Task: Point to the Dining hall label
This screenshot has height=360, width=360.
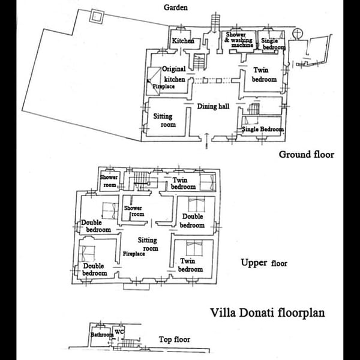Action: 214,106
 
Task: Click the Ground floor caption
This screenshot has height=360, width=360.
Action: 306,154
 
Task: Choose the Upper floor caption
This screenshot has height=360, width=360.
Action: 263,263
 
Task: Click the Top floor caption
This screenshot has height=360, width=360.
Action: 175,340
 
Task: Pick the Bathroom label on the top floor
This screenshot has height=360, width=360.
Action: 101,335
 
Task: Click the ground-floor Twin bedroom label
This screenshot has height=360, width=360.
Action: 263,74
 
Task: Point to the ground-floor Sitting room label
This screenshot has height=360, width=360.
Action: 164,121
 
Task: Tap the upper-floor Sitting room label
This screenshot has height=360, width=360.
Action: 147,244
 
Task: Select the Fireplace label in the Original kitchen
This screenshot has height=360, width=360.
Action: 162,86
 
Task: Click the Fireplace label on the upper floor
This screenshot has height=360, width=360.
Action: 133,254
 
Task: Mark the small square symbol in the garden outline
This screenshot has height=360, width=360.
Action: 95,16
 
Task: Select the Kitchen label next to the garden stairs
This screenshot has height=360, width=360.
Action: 182,41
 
